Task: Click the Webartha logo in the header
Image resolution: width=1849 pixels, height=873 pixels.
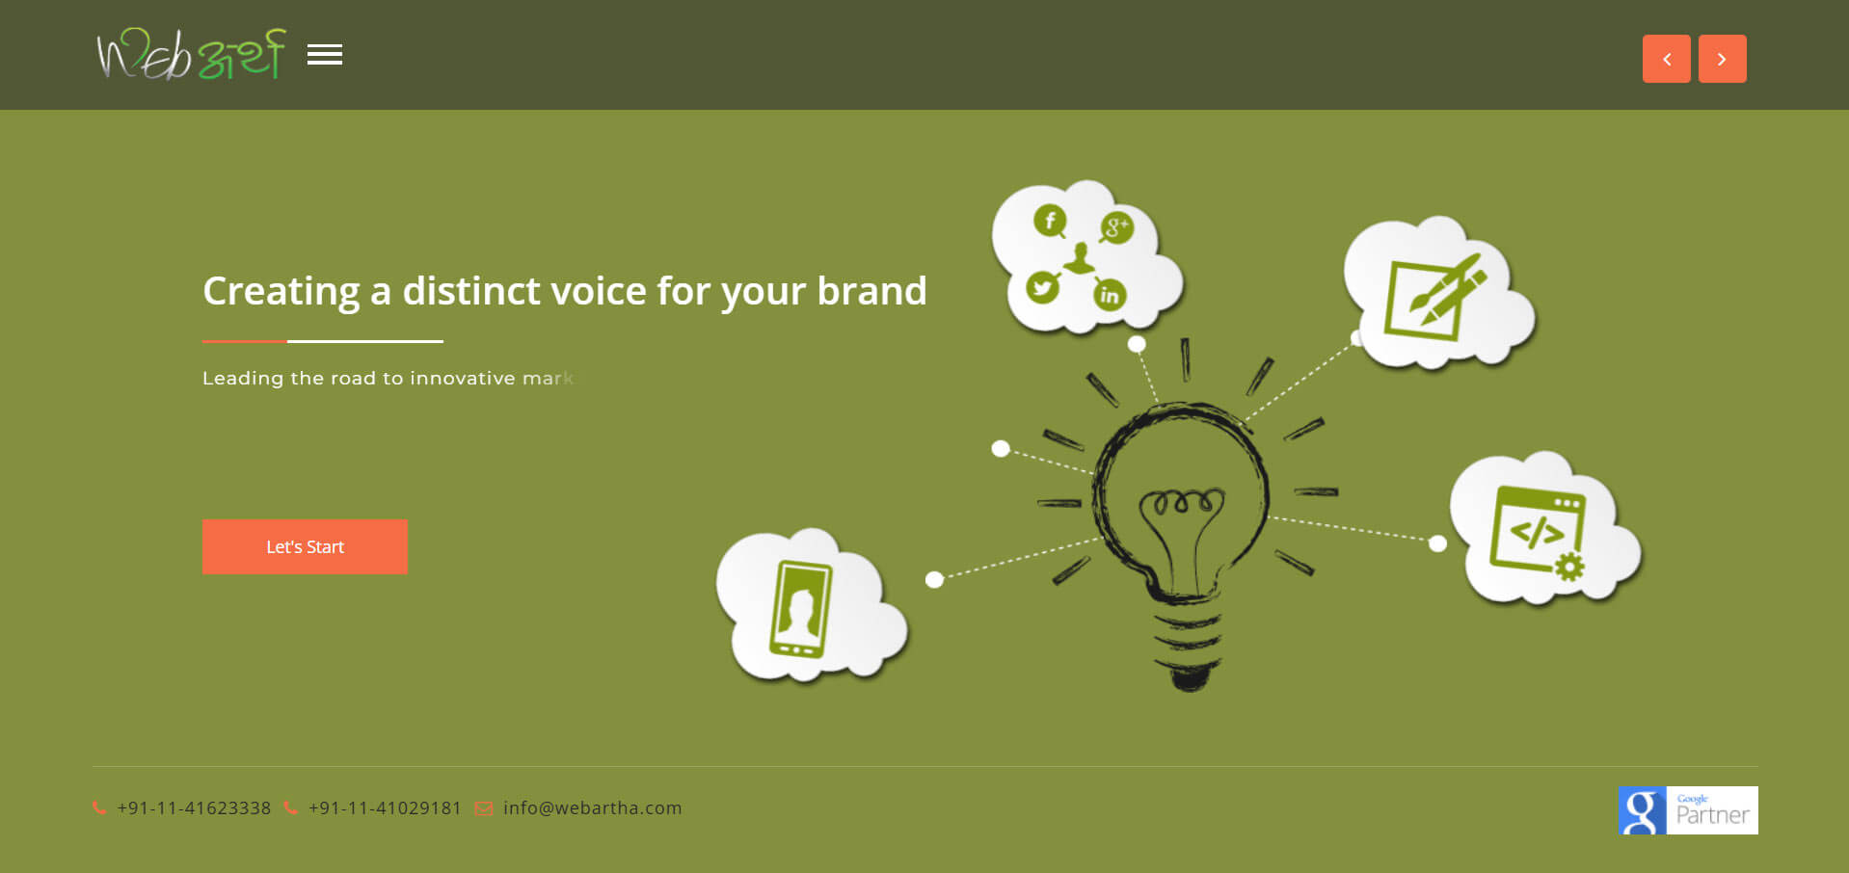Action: point(191,54)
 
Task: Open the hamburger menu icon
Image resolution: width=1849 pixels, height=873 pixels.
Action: point(325,55)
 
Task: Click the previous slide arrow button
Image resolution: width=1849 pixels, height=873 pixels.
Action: point(1666,59)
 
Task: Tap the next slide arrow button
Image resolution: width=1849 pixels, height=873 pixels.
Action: point(1722,59)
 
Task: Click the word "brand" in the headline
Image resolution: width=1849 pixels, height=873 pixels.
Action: point(871,291)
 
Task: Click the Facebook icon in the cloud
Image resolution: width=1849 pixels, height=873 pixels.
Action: point(1050,221)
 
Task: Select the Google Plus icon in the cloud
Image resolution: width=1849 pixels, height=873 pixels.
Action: point(1116,228)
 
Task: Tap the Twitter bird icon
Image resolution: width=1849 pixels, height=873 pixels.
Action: point(1042,287)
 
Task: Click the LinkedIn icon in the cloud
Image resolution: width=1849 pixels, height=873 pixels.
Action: point(1110,295)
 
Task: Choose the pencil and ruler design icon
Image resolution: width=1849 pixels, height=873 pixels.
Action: point(1434,296)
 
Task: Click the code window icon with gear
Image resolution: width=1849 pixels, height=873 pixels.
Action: point(1538,533)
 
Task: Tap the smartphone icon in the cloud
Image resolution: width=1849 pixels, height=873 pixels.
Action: point(800,609)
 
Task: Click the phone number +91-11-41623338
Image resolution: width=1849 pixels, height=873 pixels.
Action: point(194,808)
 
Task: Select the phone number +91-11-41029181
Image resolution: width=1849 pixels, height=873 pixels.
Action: point(385,808)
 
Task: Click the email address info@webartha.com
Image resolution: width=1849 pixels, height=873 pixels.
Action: point(592,808)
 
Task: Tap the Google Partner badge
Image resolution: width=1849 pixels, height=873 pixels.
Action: point(1688,810)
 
